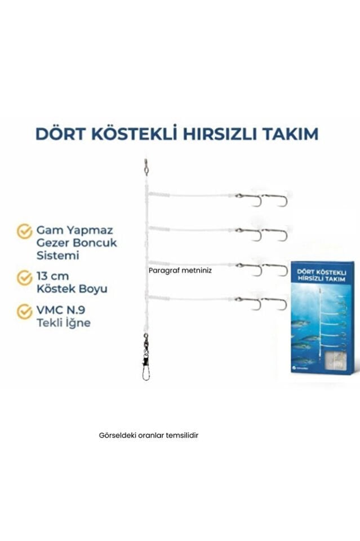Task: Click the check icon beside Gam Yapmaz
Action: pyautogui.click(x=24, y=231)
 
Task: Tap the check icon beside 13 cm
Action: pyautogui.click(x=24, y=277)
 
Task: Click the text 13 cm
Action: pyautogui.click(x=53, y=277)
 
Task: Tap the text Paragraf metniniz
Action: pyautogui.click(x=180, y=270)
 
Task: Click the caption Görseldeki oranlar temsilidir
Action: pyautogui.click(x=148, y=436)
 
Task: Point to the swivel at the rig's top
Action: pyautogui.click(x=146, y=167)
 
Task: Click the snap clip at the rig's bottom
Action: pyautogui.click(x=146, y=369)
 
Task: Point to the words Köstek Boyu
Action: pyautogui.click(x=72, y=289)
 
